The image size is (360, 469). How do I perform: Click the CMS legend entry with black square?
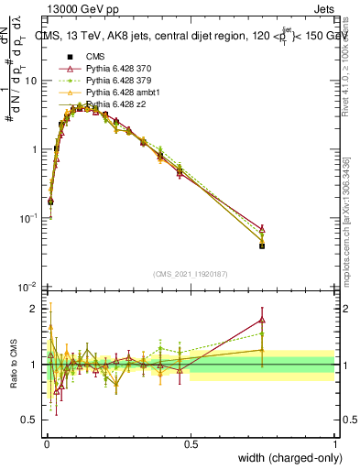click(x=93, y=57)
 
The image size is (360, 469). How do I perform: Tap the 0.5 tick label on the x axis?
click(x=191, y=444)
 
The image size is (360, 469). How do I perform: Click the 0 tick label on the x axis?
click(x=47, y=444)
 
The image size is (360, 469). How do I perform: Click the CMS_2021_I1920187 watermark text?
click(x=191, y=273)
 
